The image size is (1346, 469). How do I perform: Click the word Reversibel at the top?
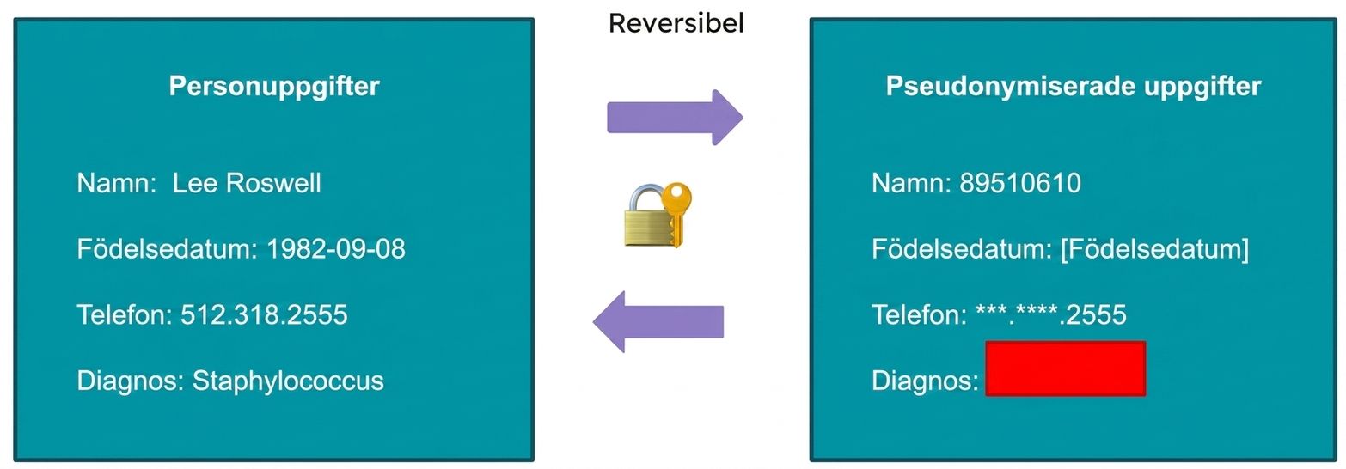pyautogui.click(x=676, y=23)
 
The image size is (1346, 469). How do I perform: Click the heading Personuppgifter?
pyautogui.click(x=274, y=87)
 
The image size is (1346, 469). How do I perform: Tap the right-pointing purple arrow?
pyautogui.click(x=675, y=117)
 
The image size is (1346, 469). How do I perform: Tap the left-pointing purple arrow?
pyautogui.click(x=658, y=321)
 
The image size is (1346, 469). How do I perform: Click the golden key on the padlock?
pyautogui.click(x=676, y=212)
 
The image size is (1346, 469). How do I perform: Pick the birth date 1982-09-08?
pyautogui.click(x=336, y=248)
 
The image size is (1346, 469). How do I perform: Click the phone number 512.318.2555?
pyautogui.click(x=264, y=314)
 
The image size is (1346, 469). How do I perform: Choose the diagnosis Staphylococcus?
pyautogui.click(x=288, y=381)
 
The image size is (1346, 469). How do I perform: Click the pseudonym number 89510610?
pyautogui.click(x=1020, y=183)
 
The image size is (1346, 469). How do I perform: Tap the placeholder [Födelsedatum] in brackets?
pyautogui.click(x=1155, y=249)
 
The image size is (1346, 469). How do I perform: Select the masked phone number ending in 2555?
pyautogui.click(x=1051, y=314)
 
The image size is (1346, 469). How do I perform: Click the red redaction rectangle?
pyautogui.click(x=1066, y=368)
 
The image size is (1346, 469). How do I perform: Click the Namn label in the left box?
pyautogui.click(x=117, y=183)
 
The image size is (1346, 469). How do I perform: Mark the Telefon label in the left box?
pyautogui.click(x=125, y=314)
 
